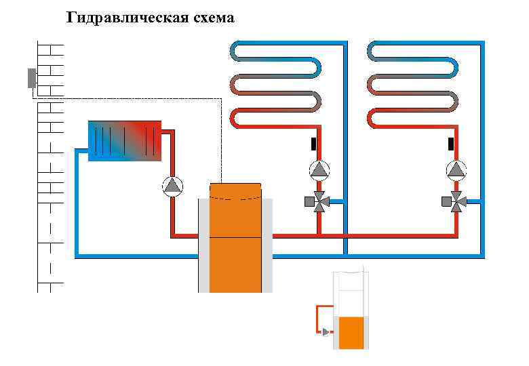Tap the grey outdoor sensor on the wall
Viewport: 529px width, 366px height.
(x=31, y=78)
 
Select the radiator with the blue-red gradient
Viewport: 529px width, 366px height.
(x=125, y=140)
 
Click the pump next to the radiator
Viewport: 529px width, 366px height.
(x=173, y=185)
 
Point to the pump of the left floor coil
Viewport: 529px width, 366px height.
(x=319, y=169)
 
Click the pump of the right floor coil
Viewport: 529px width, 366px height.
(x=458, y=169)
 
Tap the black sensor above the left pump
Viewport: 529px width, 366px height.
(x=313, y=143)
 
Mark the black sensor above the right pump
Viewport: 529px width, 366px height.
(x=450, y=143)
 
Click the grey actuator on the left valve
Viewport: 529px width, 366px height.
(x=309, y=201)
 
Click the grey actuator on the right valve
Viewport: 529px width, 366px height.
(x=447, y=201)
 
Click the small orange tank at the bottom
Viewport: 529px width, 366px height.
(x=351, y=332)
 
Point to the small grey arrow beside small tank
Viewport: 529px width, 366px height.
(x=326, y=332)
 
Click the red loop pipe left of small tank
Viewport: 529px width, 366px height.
(x=317, y=319)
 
